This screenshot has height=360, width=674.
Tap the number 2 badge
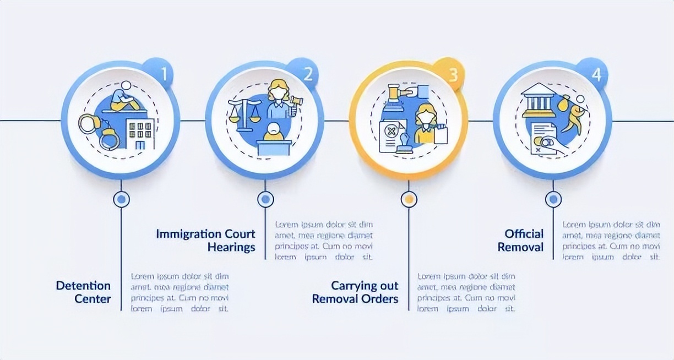click(x=308, y=74)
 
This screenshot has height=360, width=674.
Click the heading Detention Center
click(x=83, y=292)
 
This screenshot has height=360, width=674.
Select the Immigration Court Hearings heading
click(x=206, y=240)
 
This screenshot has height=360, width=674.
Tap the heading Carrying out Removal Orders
click(x=355, y=292)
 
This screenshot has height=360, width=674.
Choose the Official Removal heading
click(x=520, y=240)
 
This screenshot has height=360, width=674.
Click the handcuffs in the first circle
click(x=99, y=131)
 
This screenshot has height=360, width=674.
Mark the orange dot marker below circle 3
click(x=409, y=199)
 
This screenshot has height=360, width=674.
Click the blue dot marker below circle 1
click(x=121, y=199)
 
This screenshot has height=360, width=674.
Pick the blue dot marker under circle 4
click(x=553, y=199)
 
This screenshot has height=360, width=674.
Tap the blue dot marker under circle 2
click(x=265, y=199)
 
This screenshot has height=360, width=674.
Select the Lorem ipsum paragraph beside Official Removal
click(x=611, y=241)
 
